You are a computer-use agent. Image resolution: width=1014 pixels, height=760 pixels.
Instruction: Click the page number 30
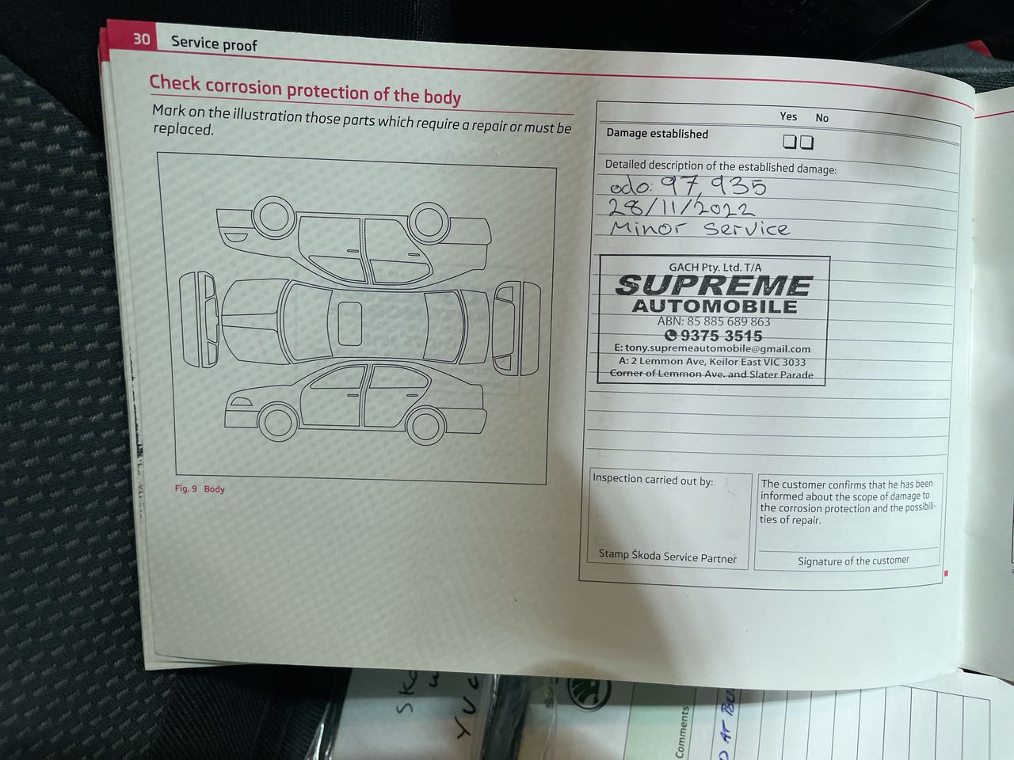click(x=141, y=39)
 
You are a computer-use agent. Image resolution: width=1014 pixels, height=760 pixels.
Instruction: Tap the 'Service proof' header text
click(x=214, y=44)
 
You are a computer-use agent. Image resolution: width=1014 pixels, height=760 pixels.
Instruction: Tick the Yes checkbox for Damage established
click(x=789, y=142)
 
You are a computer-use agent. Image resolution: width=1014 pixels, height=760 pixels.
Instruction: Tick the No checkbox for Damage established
click(x=806, y=142)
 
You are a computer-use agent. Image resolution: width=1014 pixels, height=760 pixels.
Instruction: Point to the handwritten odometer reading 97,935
click(x=715, y=186)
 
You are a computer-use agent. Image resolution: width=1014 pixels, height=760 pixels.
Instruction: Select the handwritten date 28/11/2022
click(x=681, y=207)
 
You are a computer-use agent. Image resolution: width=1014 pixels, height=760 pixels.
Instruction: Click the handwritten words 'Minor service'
click(x=700, y=228)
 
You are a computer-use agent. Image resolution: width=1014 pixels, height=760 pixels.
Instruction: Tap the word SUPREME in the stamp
click(x=713, y=285)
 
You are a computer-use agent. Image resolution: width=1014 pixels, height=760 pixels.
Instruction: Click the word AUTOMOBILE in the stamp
click(x=715, y=306)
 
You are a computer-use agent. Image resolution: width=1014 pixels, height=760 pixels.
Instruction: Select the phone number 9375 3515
click(x=715, y=336)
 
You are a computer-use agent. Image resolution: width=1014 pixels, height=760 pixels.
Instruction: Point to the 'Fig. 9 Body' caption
click(x=200, y=488)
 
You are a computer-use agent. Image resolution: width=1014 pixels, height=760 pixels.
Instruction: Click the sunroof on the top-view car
click(x=349, y=324)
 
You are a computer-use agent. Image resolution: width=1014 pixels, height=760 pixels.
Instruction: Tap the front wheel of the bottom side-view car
click(x=278, y=423)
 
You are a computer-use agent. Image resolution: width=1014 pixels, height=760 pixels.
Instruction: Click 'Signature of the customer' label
click(x=853, y=560)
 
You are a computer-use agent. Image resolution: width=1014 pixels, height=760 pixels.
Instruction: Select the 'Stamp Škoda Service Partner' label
click(x=668, y=556)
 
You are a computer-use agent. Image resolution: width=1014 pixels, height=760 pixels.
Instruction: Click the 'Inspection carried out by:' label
click(x=653, y=480)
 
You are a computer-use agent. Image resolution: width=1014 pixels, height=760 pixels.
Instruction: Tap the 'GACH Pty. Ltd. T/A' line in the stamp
click(x=715, y=267)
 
